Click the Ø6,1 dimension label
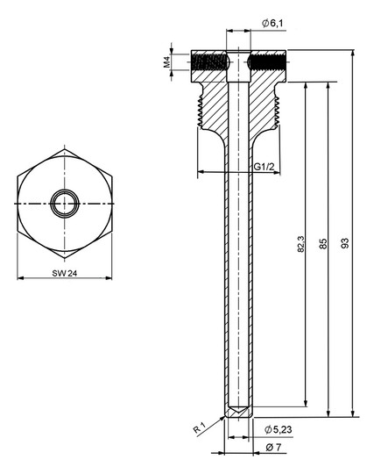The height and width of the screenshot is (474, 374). click(272, 24)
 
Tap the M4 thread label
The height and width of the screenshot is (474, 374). click(167, 63)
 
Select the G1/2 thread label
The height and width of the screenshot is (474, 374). click(264, 167)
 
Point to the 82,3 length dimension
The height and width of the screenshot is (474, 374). click(301, 244)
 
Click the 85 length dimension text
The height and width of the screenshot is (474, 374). click(323, 244)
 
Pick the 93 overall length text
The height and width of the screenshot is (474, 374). click(345, 243)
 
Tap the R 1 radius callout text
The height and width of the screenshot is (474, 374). click(200, 428)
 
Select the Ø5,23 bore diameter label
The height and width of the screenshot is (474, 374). click(278, 429)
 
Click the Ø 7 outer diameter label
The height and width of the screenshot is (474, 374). click(273, 447)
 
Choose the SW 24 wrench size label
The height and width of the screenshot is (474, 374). click(65, 273)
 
